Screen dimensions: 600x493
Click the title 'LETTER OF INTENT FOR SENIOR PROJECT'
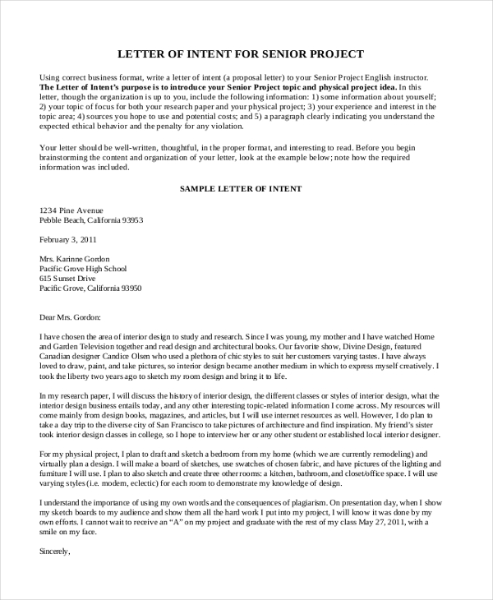(x=241, y=54)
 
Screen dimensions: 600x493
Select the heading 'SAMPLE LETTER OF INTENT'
(x=241, y=188)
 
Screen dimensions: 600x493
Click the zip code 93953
(x=132, y=220)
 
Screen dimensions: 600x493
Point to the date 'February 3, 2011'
(x=68, y=240)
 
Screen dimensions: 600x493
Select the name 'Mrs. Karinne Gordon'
(x=77, y=258)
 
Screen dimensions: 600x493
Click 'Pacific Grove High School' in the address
(x=83, y=268)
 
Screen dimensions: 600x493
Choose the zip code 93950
(x=131, y=288)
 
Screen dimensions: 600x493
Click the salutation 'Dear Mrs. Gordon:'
(x=70, y=316)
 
